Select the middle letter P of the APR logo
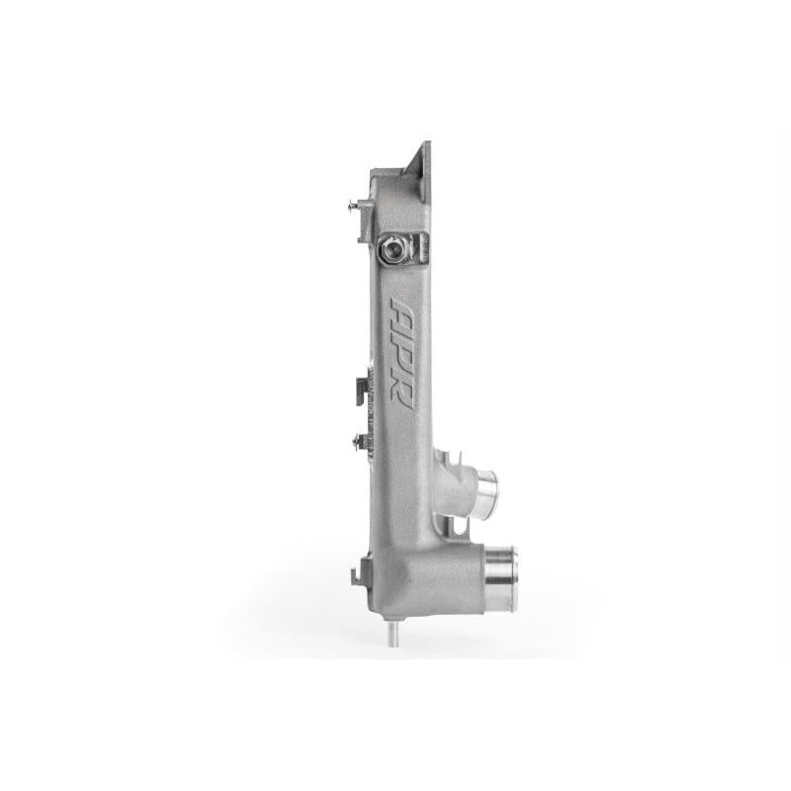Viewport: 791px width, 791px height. point(401,354)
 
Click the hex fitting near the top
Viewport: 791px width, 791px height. point(392,249)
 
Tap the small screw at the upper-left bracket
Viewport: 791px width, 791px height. point(353,205)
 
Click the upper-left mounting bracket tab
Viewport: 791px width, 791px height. point(365,220)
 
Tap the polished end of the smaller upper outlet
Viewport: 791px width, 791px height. point(487,488)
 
